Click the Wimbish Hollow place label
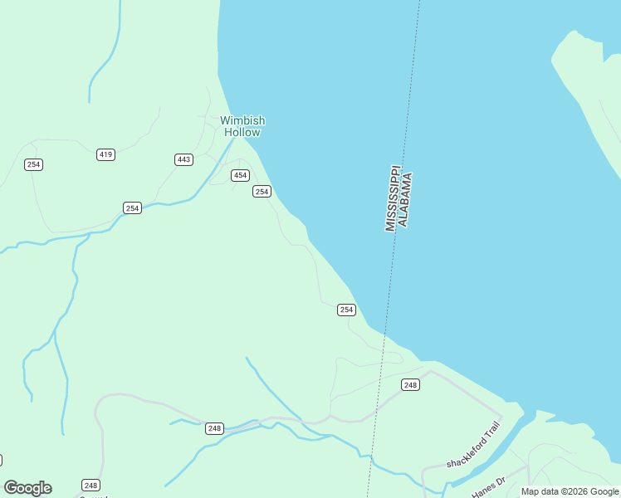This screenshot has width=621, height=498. [242, 126]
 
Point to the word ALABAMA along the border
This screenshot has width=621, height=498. [404, 200]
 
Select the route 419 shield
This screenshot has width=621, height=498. [105, 154]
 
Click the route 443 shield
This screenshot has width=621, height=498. [183, 159]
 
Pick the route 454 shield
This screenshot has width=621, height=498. [240, 175]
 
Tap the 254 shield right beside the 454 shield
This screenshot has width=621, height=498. [262, 192]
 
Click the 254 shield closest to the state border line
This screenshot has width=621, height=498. [346, 310]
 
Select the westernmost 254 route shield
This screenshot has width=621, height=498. [33, 164]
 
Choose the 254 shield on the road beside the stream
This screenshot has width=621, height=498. [132, 207]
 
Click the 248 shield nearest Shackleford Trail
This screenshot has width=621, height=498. [410, 384]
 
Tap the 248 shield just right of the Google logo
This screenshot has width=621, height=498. [90, 485]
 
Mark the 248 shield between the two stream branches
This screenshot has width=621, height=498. [214, 428]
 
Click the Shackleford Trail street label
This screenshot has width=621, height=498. [473, 446]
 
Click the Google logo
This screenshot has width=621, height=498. [27, 488]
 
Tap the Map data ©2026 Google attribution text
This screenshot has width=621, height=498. [570, 491]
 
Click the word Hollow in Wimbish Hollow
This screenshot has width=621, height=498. [242, 132]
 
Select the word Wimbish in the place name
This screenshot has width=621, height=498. [242, 120]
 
